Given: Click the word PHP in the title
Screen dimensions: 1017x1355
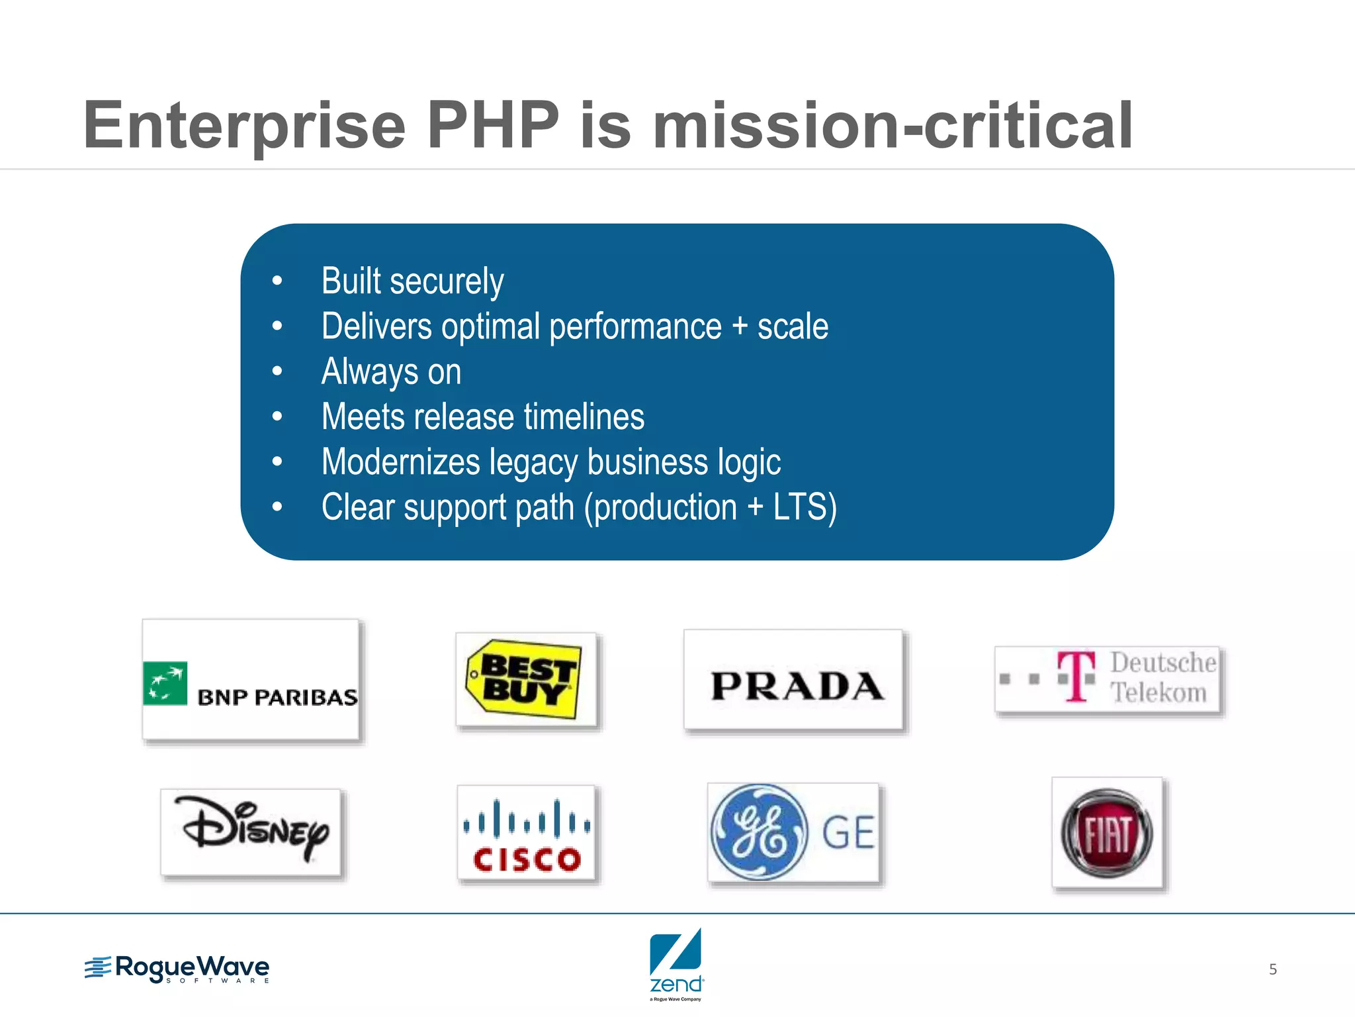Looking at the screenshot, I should [x=493, y=125].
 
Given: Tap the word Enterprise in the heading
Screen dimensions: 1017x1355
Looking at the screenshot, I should [x=244, y=126].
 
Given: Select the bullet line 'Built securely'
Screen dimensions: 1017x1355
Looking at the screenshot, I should [x=412, y=281].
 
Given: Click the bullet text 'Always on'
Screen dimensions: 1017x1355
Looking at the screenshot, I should [x=391, y=371].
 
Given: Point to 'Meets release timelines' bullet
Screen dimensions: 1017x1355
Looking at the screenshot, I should [x=482, y=416].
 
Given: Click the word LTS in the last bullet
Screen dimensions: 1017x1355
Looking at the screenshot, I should [x=800, y=507].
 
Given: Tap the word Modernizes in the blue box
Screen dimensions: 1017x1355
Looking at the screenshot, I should [x=400, y=461].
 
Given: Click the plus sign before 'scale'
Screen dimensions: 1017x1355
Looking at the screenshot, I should [x=740, y=326].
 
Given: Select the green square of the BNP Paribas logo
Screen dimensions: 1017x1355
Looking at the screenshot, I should [x=165, y=683].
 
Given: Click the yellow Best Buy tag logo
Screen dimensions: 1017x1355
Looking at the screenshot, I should [x=525, y=678].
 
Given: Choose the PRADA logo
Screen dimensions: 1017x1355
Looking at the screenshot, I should [x=797, y=685].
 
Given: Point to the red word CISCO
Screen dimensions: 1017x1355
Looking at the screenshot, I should [x=527, y=860].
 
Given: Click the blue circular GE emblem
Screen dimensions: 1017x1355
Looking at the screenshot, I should [x=759, y=832].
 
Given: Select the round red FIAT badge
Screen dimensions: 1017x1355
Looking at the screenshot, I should [x=1106, y=834].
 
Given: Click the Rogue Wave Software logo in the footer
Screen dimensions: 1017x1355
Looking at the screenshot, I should [x=177, y=969].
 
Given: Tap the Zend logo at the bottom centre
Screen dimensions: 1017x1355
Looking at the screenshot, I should [x=676, y=963].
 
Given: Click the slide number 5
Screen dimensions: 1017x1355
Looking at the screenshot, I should [x=1272, y=969].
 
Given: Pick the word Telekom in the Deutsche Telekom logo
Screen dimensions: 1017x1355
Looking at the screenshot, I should [x=1158, y=693].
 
